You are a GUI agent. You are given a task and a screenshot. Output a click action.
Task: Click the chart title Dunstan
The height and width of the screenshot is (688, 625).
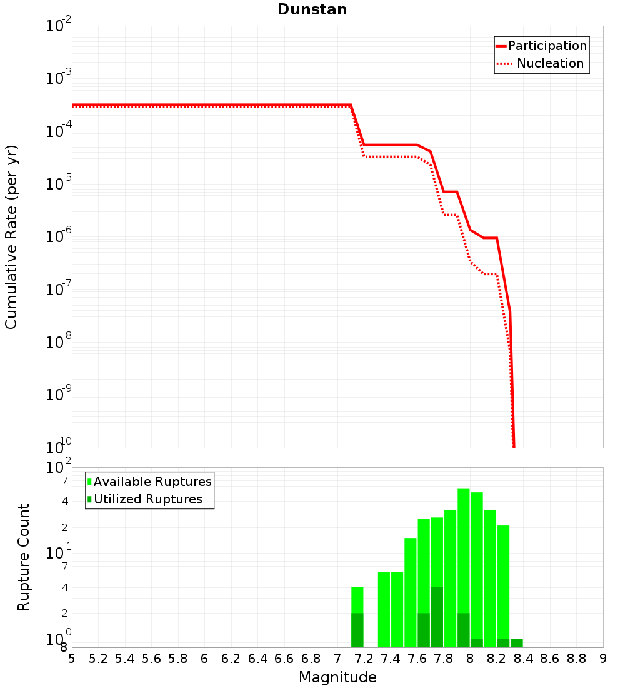coord(312,9)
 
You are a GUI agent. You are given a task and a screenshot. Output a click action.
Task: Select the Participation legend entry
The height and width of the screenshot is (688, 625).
coord(542,46)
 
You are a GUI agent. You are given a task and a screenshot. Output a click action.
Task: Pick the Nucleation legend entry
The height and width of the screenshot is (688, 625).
coord(541,63)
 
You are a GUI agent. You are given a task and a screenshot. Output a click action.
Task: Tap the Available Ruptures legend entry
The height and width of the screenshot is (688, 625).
coord(149,482)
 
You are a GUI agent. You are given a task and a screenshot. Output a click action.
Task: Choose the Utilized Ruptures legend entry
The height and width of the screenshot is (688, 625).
coord(145,499)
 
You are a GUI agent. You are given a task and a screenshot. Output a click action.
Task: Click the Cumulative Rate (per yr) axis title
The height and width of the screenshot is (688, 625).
coord(11,237)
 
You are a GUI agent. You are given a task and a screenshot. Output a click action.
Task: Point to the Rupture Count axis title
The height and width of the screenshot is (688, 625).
coord(23,557)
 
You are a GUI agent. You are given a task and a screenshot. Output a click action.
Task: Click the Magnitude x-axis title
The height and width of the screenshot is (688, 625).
coord(337,677)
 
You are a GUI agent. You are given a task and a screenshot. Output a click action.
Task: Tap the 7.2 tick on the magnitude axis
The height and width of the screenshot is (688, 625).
coord(364,659)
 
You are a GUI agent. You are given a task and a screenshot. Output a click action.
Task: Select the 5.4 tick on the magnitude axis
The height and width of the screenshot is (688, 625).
coord(125,659)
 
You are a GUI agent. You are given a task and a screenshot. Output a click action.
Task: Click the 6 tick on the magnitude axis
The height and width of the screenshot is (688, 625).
coord(204,659)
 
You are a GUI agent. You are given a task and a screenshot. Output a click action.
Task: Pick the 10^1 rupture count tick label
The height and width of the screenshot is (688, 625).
coord(59,551)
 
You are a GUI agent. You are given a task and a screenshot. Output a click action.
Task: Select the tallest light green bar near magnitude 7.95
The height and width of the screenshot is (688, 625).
coord(464,568)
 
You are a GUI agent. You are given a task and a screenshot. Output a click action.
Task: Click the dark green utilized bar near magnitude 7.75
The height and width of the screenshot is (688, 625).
coord(437,617)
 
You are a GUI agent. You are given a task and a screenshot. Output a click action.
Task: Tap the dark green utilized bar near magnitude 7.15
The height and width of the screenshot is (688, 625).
coord(357,630)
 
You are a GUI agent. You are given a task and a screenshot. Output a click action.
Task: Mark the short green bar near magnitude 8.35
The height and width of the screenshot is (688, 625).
coord(517,643)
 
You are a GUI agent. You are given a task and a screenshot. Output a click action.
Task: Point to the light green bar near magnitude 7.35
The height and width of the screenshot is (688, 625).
coord(384,609)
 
